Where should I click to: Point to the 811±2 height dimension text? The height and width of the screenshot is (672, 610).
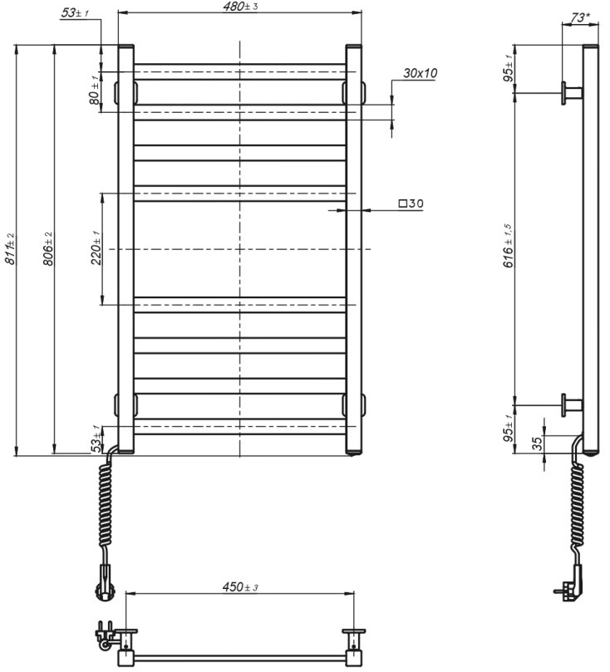pos(9,248)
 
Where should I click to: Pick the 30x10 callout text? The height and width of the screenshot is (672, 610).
pos(420,73)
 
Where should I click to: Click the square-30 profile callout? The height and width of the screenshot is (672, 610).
pos(411,204)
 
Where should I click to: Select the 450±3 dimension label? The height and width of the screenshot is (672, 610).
pos(240,587)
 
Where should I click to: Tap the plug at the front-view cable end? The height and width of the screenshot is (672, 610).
pos(103,581)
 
